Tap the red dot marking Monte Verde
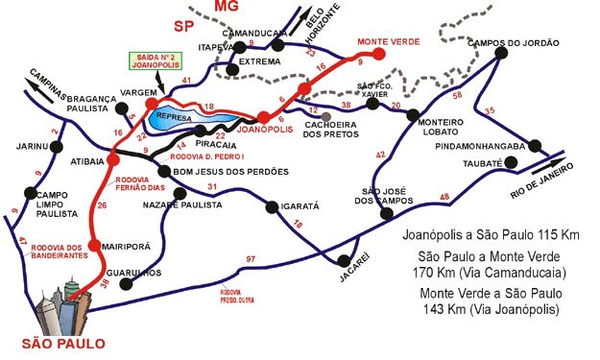pyautogui.click(x=378, y=55)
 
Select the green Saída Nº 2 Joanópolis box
pyautogui.click(x=158, y=62)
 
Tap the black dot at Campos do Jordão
pyautogui.click(x=500, y=54)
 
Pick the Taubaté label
pyautogui.click(x=483, y=163)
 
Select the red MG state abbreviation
pyautogui.click(x=226, y=8)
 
